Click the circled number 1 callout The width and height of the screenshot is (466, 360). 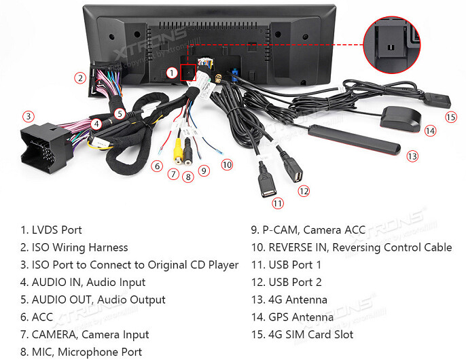[x=172, y=71]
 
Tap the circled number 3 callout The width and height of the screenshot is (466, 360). [x=28, y=116]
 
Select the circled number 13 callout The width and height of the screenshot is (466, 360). [x=412, y=156]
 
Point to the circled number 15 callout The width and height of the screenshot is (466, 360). [x=451, y=117]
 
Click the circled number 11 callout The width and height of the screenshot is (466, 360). [x=278, y=202]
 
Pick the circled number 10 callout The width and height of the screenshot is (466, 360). [x=227, y=164]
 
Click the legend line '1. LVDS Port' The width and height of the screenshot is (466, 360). [x=52, y=230]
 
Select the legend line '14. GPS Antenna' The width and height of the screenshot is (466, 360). [x=292, y=317]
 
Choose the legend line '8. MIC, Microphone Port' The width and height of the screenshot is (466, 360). [x=82, y=352]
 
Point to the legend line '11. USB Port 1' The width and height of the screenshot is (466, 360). [x=286, y=265]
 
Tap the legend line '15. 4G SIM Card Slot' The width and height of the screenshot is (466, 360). [x=302, y=334]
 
